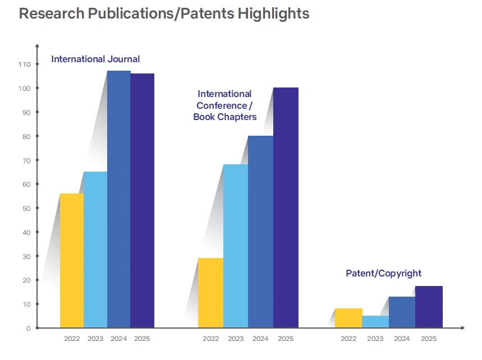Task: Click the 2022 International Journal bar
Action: click(71, 261)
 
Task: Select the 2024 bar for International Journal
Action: click(119, 199)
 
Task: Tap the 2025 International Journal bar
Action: click(143, 200)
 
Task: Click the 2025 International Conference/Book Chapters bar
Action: click(286, 207)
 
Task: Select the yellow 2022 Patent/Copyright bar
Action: click(348, 318)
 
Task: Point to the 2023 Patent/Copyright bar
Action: click(375, 322)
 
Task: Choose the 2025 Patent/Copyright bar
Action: click(429, 307)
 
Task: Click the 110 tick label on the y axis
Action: click(24, 64)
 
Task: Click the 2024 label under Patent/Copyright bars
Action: click(402, 339)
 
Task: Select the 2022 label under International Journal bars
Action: click(72, 339)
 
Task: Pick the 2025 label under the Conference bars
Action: click(286, 339)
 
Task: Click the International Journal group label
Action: click(95, 59)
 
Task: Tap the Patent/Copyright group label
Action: click(383, 274)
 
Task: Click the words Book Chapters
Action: click(224, 117)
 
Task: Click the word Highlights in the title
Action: click(273, 13)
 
